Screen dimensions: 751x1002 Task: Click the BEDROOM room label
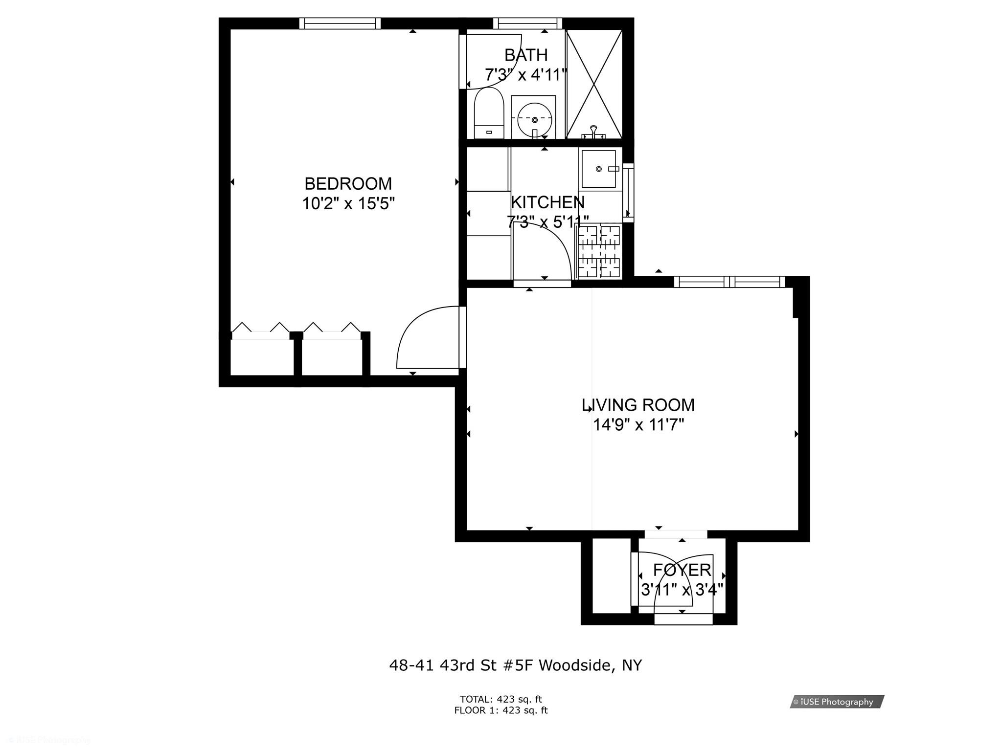coord(348,184)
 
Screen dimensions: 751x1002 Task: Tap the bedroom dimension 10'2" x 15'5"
coord(348,203)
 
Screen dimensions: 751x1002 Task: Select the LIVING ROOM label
coord(638,405)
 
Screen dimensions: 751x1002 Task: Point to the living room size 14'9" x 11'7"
coord(638,425)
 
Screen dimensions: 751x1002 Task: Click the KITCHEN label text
coord(547,202)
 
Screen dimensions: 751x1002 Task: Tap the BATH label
coord(526,55)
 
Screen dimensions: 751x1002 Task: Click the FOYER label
coord(682,570)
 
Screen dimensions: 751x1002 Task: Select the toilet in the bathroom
coord(489,114)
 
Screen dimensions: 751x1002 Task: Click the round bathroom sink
coord(534,119)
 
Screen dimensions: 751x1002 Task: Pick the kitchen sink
coord(599,169)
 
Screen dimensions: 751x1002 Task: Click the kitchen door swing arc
coord(548,249)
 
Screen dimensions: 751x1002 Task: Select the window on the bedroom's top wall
coord(340,23)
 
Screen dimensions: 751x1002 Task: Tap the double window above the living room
coord(729,282)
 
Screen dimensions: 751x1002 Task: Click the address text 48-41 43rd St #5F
coord(515,665)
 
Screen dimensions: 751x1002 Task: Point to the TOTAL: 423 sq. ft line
coord(501,699)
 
